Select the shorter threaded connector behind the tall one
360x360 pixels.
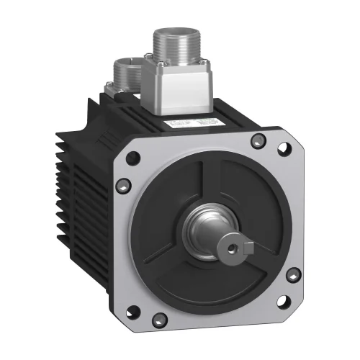[x=130, y=71]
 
